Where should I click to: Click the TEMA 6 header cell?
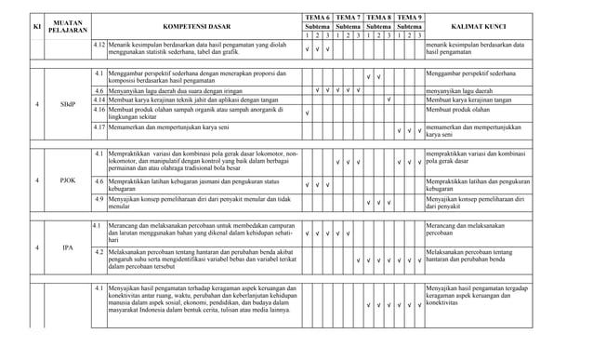point(318,18)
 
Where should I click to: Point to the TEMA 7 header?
point(348,18)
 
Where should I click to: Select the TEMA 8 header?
point(377,18)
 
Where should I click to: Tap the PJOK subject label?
point(68,180)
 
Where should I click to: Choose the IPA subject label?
point(68,247)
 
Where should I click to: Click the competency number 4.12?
point(99,45)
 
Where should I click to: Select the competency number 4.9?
point(99,199)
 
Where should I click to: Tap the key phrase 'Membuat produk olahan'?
point(463,109)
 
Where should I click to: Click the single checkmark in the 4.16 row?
point(308,113)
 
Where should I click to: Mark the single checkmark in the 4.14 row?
point(388,100)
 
